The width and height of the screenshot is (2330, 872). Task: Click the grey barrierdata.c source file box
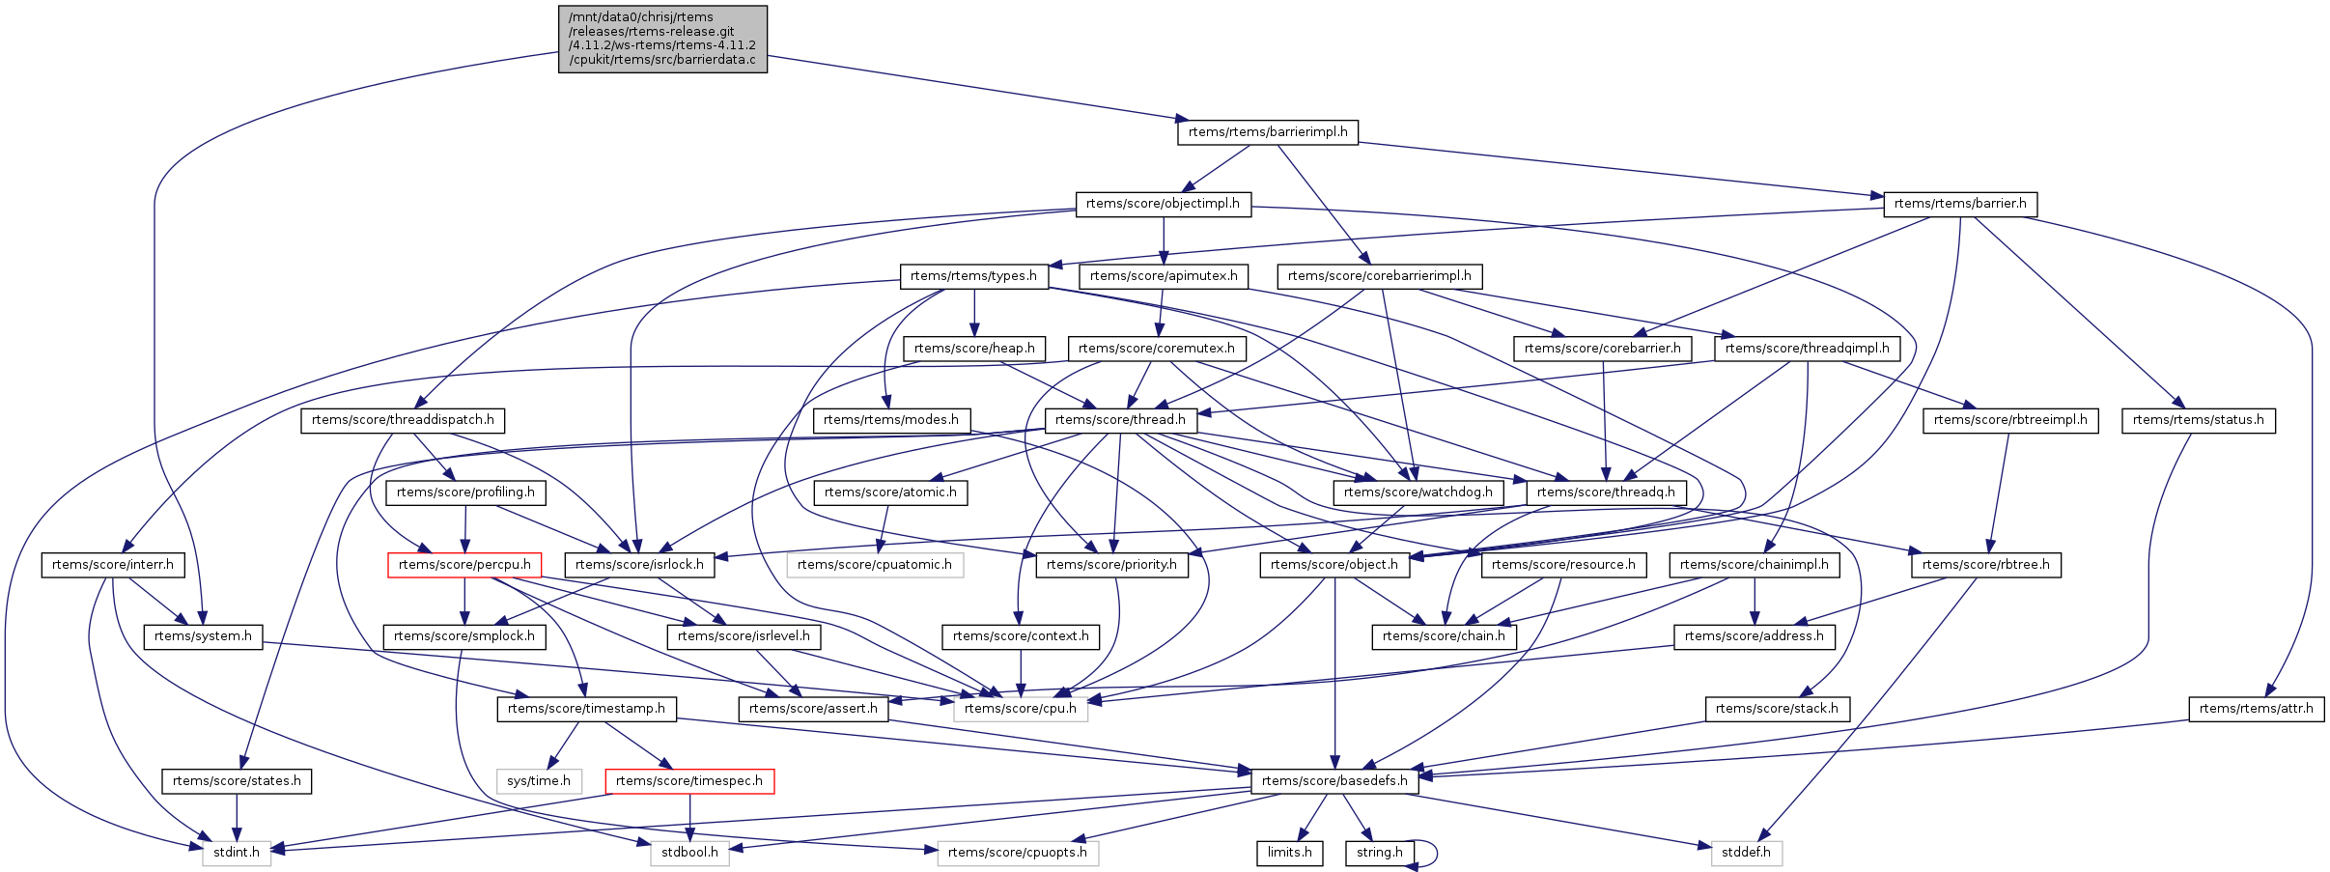(662, 39)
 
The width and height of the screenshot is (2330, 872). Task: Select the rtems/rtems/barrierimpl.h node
(1267, 132)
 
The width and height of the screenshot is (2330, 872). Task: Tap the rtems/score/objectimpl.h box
(1163, 204)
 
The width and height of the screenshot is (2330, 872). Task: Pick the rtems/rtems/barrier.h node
(1960, 204)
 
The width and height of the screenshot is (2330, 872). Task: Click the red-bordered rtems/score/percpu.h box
(464, 565)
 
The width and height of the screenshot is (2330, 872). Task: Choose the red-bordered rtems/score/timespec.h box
(689, 781)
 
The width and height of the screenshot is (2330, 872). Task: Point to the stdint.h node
(237, 853)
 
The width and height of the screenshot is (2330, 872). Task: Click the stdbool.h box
(689, 853)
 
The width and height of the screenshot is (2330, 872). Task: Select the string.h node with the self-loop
(1380, 853)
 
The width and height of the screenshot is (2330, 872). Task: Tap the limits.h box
(1289, 853)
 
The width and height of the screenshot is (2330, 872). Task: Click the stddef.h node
(1747, 853)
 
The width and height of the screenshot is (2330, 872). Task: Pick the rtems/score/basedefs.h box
(1334, 781)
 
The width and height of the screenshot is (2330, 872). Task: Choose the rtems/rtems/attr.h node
(2256, 709)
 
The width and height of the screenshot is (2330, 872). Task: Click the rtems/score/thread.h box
(1120, 420)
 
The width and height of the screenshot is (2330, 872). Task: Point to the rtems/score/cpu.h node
(1021, 709)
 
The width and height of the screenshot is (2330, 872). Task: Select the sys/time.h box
(539, 781)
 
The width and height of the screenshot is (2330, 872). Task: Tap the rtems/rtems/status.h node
(2198, 420)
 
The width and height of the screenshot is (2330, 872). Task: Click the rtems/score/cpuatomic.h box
(875, 565)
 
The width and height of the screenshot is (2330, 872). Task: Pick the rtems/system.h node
(203, 636)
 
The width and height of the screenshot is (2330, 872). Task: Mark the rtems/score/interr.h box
(113, 565)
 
